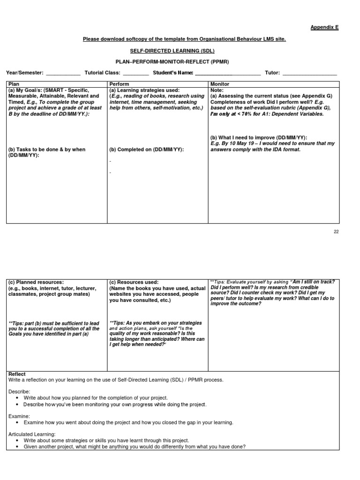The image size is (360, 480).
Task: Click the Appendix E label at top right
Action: [x=324, y=27]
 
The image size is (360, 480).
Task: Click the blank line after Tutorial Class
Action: [x=135, y=74]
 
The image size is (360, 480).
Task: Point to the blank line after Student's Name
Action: [x=227, y=74]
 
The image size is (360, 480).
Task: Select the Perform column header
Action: [x=119, y=83]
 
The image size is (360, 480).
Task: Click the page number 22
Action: [x=336, y=231]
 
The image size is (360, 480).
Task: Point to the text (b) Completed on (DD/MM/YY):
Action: [x=146, y=149]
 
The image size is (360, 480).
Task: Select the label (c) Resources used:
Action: [x=134, y=282]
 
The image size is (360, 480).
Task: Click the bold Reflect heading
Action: [x=17, y=374]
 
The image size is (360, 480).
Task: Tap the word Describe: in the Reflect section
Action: [x=19, y=391]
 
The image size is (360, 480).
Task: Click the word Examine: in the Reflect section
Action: [x=19, y=416]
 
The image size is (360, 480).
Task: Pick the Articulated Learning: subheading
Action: [x=32, y=434]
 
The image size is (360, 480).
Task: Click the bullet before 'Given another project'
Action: [x=17, y=447]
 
